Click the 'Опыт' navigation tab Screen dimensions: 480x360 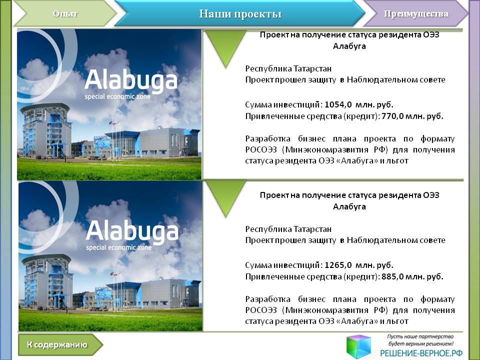pos(65,14)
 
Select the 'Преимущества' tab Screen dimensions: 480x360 pos(415,14)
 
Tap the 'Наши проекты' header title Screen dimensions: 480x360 pos(240,14)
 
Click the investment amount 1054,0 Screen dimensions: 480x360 pos(338,104)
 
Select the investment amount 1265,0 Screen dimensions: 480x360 pos(338,265)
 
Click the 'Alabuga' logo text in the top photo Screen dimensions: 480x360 pos(131,80)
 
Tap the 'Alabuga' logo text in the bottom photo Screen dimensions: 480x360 pos(132,231)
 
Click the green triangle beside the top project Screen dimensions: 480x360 pos(225,46)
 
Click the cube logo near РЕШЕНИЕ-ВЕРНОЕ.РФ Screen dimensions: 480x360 pos(359,346)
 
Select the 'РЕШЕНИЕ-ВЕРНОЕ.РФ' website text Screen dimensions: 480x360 pos(421,353)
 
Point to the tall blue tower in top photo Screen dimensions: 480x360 pos(46,130)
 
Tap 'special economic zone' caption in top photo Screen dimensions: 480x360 pos(117,96)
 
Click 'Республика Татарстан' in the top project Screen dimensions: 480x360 pos(288,68)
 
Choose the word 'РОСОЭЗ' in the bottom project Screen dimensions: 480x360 pos(261,310)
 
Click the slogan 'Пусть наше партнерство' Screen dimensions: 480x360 pos(420,336)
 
